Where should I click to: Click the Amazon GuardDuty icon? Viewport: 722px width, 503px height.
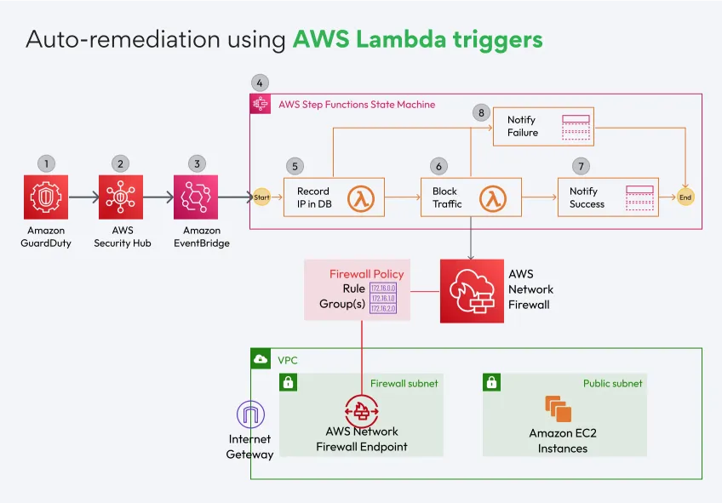tap(47, 197)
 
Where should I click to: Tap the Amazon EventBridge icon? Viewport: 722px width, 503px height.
tap(196, 197)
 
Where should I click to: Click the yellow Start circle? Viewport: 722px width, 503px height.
tap(261, 197)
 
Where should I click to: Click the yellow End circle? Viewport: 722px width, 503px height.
tap(685, 197)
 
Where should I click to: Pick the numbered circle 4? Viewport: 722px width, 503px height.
tap(260, 83)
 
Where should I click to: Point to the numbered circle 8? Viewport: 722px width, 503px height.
tap(481, 111)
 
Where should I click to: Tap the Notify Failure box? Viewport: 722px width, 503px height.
tap(543, 127)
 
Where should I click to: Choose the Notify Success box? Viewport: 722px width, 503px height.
tap(605, 198)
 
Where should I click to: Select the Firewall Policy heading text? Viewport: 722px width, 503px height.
tap(366, 274)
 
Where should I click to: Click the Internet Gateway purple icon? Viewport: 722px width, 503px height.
tap(249, 415)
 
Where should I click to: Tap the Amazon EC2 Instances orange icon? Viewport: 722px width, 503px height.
tap(559, 409)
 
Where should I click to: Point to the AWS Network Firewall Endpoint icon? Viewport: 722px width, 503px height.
tap(361, 409)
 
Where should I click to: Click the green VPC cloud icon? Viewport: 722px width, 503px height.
tap(261, 359)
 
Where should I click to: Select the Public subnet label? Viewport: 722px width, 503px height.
tap(612, 384)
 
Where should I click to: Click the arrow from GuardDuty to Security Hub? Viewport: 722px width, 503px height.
tap(83, 197)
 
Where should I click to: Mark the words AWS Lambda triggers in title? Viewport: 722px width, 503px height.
tap(417, 39)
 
